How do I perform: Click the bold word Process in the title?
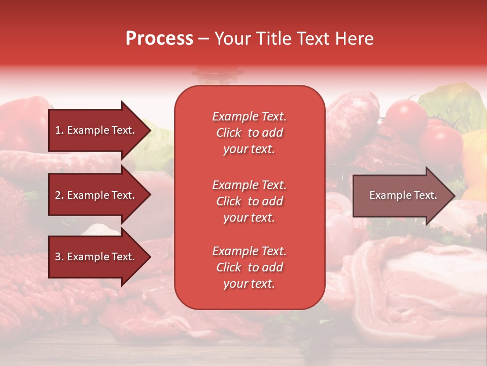[x=159, y=39]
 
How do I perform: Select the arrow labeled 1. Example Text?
[x=96, y=130]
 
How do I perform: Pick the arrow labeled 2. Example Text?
[x=96, y=195]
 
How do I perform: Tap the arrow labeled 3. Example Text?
[x=96, y=257]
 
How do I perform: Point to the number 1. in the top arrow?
[x=59, y=130]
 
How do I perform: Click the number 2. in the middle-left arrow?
[x=59, y=195]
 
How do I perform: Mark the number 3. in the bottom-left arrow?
[x=59, y=257]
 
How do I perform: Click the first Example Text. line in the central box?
[x=249, y=116]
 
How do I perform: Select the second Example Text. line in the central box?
[x=249, y=185]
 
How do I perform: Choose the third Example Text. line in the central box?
[x=249, y=251]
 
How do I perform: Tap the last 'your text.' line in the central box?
[x=249, y=284]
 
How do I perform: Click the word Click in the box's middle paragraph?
[x=228, y=201]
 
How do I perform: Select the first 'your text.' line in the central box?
[x=249, y=149]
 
